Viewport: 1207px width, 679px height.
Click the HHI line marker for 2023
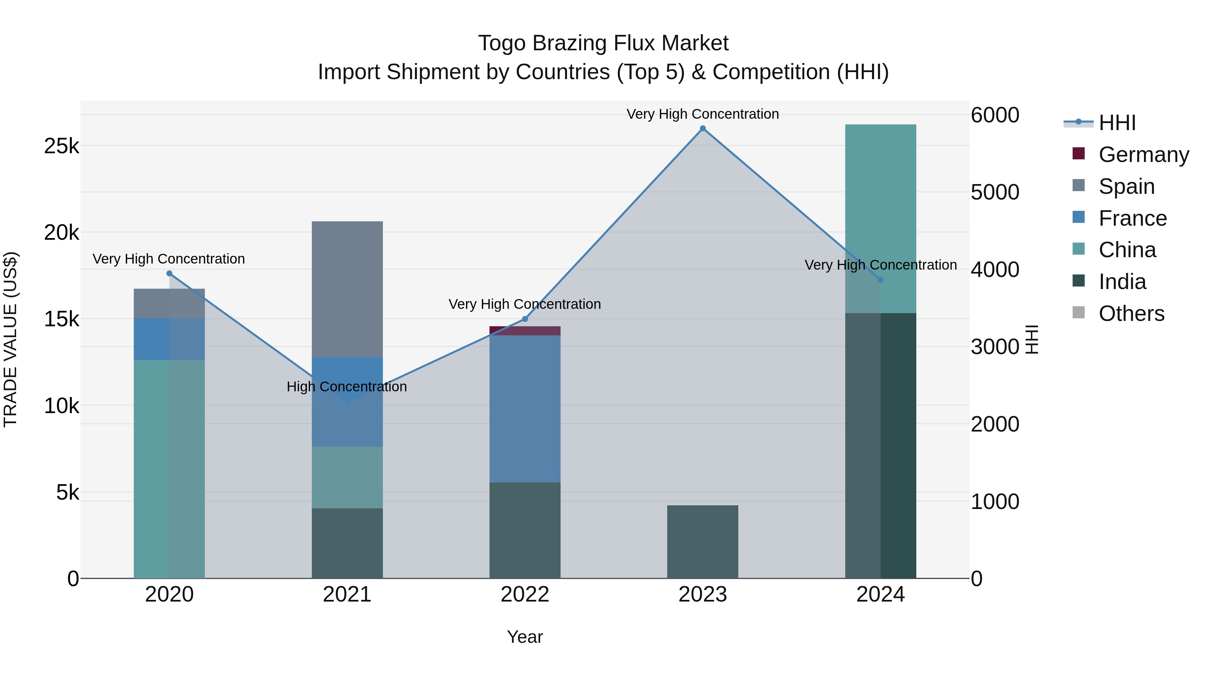702,128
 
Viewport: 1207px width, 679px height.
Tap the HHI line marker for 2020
170,274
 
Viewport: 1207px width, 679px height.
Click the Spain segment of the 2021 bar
347,289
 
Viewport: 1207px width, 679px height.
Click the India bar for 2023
702,542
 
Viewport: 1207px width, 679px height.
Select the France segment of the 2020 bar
169,339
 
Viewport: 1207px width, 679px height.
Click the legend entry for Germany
1143,155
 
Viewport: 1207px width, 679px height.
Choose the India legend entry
1122,282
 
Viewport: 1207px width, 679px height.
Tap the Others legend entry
1131,314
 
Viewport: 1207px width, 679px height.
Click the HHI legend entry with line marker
1117,123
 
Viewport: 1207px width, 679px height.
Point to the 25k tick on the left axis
61,146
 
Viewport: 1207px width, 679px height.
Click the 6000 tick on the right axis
995,115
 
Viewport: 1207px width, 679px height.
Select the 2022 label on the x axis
525,595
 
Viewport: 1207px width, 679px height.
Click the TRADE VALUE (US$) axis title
11,339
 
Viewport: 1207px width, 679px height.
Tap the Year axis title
525,637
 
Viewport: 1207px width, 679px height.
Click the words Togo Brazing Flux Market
603,43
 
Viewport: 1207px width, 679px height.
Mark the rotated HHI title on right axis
1032,339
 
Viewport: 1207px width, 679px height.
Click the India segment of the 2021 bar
347,543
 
